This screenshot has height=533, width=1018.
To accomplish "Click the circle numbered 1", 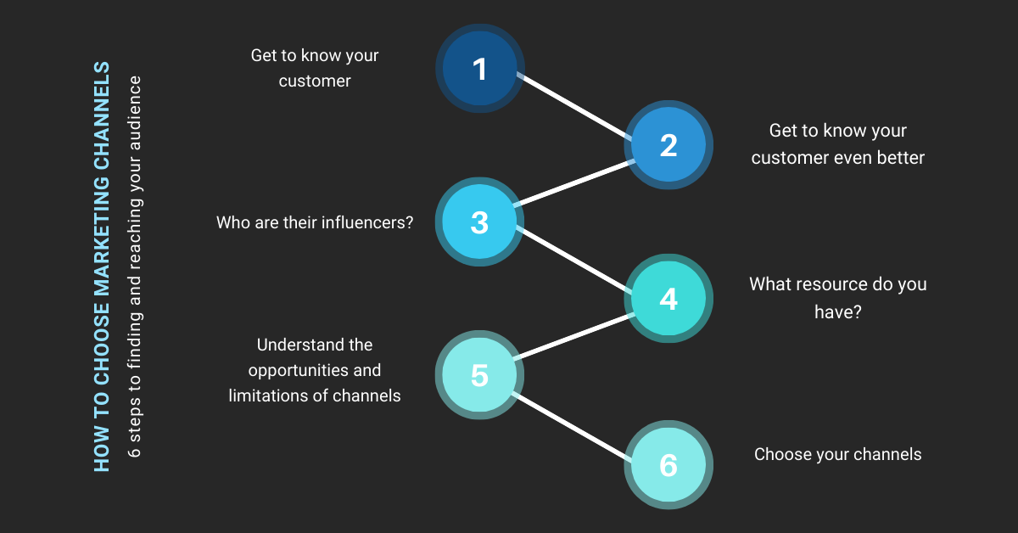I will tap(479, 68).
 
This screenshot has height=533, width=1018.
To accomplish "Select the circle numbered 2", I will tap(668, 145).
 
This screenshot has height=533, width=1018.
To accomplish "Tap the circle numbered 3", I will tap(479, 222).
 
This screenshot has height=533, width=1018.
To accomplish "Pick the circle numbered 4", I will tap(668, 299).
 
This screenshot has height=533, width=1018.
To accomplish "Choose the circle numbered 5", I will tap(479, 375).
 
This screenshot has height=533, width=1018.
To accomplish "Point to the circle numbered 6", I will tap(668, 465).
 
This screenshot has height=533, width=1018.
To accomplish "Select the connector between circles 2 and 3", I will tap(574, 182).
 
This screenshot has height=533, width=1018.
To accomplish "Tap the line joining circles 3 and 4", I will tap(574, 261).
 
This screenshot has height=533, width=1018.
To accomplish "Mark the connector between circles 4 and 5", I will tap(574, 337).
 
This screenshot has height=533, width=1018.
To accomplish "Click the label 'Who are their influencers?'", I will tap(315, 223).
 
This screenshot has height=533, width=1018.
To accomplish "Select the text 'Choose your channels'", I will tap(837, 454).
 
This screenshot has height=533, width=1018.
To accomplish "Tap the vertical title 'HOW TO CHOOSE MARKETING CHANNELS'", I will tap(102, 266).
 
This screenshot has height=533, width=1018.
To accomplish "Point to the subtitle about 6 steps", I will tap(134, 266).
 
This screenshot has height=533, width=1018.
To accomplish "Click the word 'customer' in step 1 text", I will tap(315, 81).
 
